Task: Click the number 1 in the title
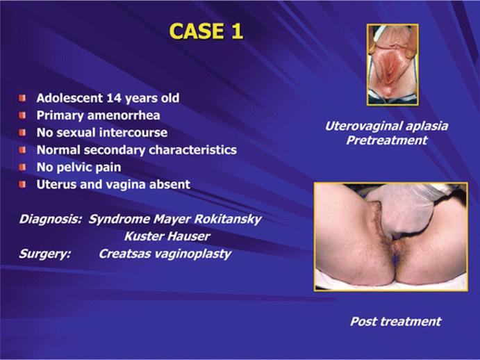coord(237,31)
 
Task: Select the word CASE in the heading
coord(197,31)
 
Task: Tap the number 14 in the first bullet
coord(113,98)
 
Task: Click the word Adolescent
coord(69,98)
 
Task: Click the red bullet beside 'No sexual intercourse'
coord(22,133)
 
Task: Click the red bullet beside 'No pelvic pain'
coord(22,167)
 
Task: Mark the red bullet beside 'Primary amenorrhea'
coord(22,115)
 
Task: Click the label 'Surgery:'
coord(45,254)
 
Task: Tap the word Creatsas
coord(128,254)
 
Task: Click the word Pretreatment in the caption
coord(387,140)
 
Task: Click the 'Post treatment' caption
coord(396,321)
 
